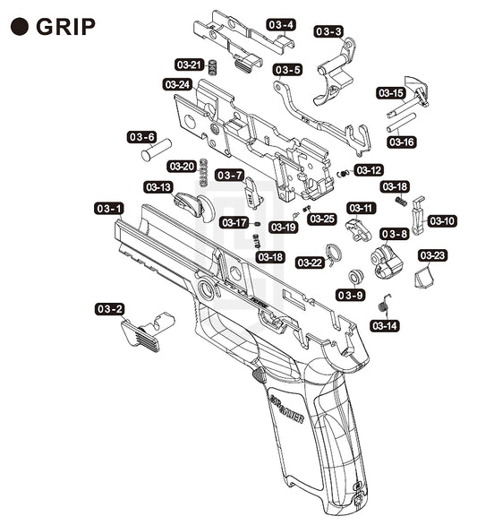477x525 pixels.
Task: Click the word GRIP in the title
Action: click(x=65, y=27)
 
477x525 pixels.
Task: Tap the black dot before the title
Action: click(x=19, y=27)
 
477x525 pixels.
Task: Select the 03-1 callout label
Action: click(x=109, y=209)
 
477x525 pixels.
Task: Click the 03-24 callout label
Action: click(x=177, y=85)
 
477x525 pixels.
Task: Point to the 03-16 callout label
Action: click(x=402, y=142)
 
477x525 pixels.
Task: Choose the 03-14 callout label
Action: click(x=385, y=326)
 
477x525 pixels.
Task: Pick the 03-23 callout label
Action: click(x=432, y=256)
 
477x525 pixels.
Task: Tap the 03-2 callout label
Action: click(x=110, y=309)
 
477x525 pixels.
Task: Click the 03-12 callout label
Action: click(x=369, y=170)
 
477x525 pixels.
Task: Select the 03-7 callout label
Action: click(x=229, y=175)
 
